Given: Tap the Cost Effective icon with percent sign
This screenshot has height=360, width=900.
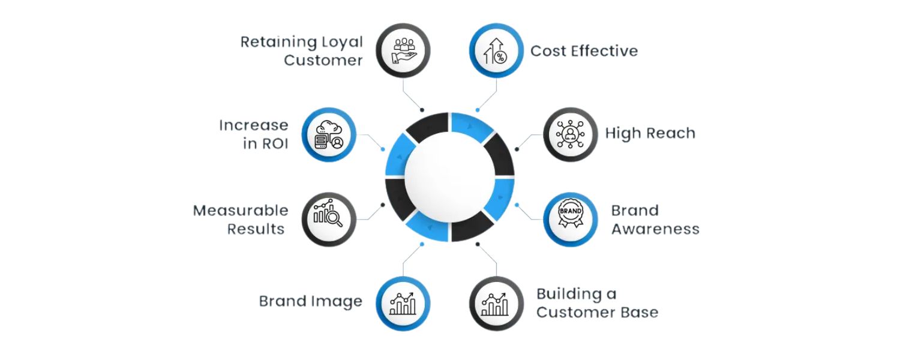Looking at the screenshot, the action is click(496, 50).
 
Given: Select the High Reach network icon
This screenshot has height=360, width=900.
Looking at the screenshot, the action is click(570, 134).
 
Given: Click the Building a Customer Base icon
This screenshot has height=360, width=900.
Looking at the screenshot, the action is click(496, 303).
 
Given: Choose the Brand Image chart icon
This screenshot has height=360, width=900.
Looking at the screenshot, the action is click(403, 303).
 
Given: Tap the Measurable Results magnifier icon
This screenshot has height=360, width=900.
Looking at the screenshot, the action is click(328, 219).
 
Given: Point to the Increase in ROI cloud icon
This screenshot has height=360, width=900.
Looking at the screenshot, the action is click(328, 134).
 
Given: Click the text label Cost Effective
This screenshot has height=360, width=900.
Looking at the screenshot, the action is click(584, 51).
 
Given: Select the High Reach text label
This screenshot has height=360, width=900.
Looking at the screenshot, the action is click(650, 133).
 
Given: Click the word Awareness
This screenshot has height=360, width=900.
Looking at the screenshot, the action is click(655, 229).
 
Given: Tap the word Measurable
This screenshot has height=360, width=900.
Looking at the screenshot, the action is click(241, 211).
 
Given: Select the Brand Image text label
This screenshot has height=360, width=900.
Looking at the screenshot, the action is click(310, 301).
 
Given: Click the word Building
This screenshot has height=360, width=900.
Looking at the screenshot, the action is click(568, 293).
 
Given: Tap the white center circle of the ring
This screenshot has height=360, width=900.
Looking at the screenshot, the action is click(449, 177).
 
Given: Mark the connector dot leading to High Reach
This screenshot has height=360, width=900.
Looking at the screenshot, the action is click(517, 148).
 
